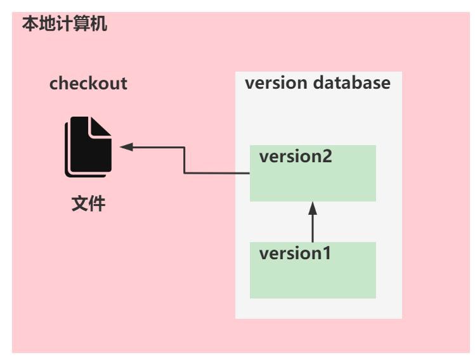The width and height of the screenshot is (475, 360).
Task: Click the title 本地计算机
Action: pos(65,25)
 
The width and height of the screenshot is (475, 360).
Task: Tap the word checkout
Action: pos(88,84)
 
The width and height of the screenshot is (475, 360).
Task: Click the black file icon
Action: pos(88,148)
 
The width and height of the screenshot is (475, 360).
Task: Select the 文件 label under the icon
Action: pos(88,205)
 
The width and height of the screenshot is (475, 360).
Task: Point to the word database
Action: pos(352,83)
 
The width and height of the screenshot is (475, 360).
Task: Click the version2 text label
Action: pos(296,157)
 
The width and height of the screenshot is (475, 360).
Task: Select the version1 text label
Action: pos(295,254)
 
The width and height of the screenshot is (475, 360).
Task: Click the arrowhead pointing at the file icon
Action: pos(126,147)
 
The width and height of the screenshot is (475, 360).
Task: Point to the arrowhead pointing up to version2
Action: pos(313,208)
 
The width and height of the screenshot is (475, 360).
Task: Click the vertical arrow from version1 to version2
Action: pos(313,225)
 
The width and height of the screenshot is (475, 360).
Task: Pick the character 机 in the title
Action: pos(99,25)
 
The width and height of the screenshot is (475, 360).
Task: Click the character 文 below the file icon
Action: pos(79,205)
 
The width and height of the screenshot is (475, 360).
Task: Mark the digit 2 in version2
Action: pos(327,157)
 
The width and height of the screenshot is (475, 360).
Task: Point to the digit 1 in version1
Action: pos(326,254)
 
